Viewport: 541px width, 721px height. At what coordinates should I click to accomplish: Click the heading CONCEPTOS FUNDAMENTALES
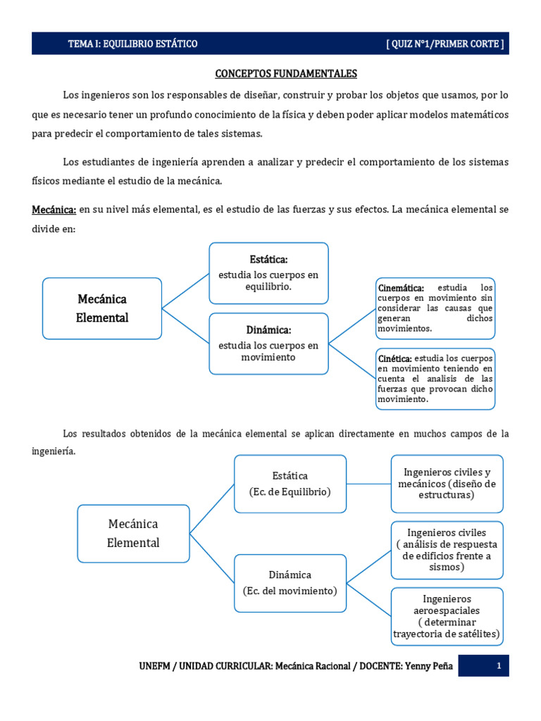pyautogui.click(x=285, y=73)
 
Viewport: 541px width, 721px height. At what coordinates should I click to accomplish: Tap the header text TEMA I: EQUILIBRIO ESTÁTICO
pyautogui.click(x=132, y=44)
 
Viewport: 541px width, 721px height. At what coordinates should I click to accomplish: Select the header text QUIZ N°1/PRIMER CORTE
pyautogui.click(x=445, y=44)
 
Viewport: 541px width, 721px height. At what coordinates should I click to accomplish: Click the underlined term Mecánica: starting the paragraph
pyautogui.click(x=54, y=210)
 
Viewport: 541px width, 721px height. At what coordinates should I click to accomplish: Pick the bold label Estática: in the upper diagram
pyautogui.click(x=268, y=259)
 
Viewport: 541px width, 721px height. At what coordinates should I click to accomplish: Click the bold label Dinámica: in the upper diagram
pyautogui.click(x=268, y=330)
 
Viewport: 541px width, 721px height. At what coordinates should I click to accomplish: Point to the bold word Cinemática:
pyautogui.click(x=401, y=288)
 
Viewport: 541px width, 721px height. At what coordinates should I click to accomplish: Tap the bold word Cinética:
pyautogui.click(x=394, y=358)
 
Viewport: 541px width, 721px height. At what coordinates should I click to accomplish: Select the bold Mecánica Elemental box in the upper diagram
pyautogui.click(x=102, y=308)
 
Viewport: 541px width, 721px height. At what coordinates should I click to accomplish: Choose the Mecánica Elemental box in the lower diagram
pyautogui.click(x=133, y=533)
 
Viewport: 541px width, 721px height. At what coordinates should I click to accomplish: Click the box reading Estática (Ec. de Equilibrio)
pyautogui.click(x=290, y=484)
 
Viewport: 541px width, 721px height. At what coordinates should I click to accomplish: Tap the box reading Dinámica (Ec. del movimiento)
pyautogui.click(x=290, y=582)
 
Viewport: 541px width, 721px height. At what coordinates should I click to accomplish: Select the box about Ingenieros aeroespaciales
pyautogui.click(x=447, y=616)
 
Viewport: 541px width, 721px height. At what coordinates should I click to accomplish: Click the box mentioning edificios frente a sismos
pyautogui.click(x=447, y=550)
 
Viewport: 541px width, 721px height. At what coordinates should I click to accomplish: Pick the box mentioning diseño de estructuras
pyautogui.click(x=447, y=484)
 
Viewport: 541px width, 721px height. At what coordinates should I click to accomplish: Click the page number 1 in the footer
pyautogui.click(x=498, y=666)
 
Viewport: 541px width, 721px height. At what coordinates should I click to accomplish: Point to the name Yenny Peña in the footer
pyautogui.click(x=430, y=666)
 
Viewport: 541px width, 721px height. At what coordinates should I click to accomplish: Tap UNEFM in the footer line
pyautogui.click(x=155, y=666)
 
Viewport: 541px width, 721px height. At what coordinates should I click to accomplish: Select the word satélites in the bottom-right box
pyautogui.click(x=478, y=634)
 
